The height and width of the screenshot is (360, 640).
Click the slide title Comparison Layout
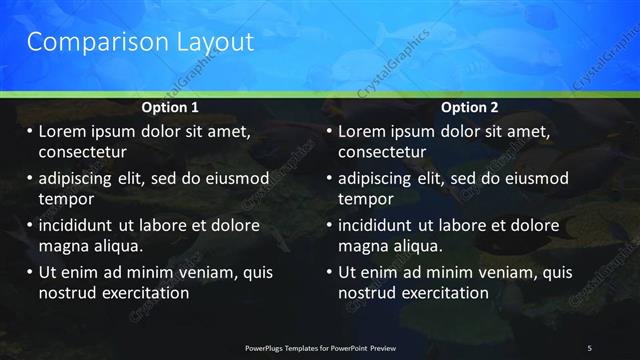[x=140, y=42]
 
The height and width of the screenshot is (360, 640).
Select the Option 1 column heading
[x=170, y=107]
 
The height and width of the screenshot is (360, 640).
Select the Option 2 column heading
[x=470, y=107]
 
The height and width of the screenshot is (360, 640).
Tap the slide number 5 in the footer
[x=589, y=347]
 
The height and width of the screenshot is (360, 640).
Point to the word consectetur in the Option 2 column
[x=382, y=152]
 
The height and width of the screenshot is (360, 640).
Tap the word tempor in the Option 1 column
[x=65, y=199]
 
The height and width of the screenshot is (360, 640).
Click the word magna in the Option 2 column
[x=361, y=246]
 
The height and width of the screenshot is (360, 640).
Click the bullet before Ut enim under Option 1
[x=29, y=272]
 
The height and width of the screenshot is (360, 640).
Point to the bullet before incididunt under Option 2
[x=329, y=225]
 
